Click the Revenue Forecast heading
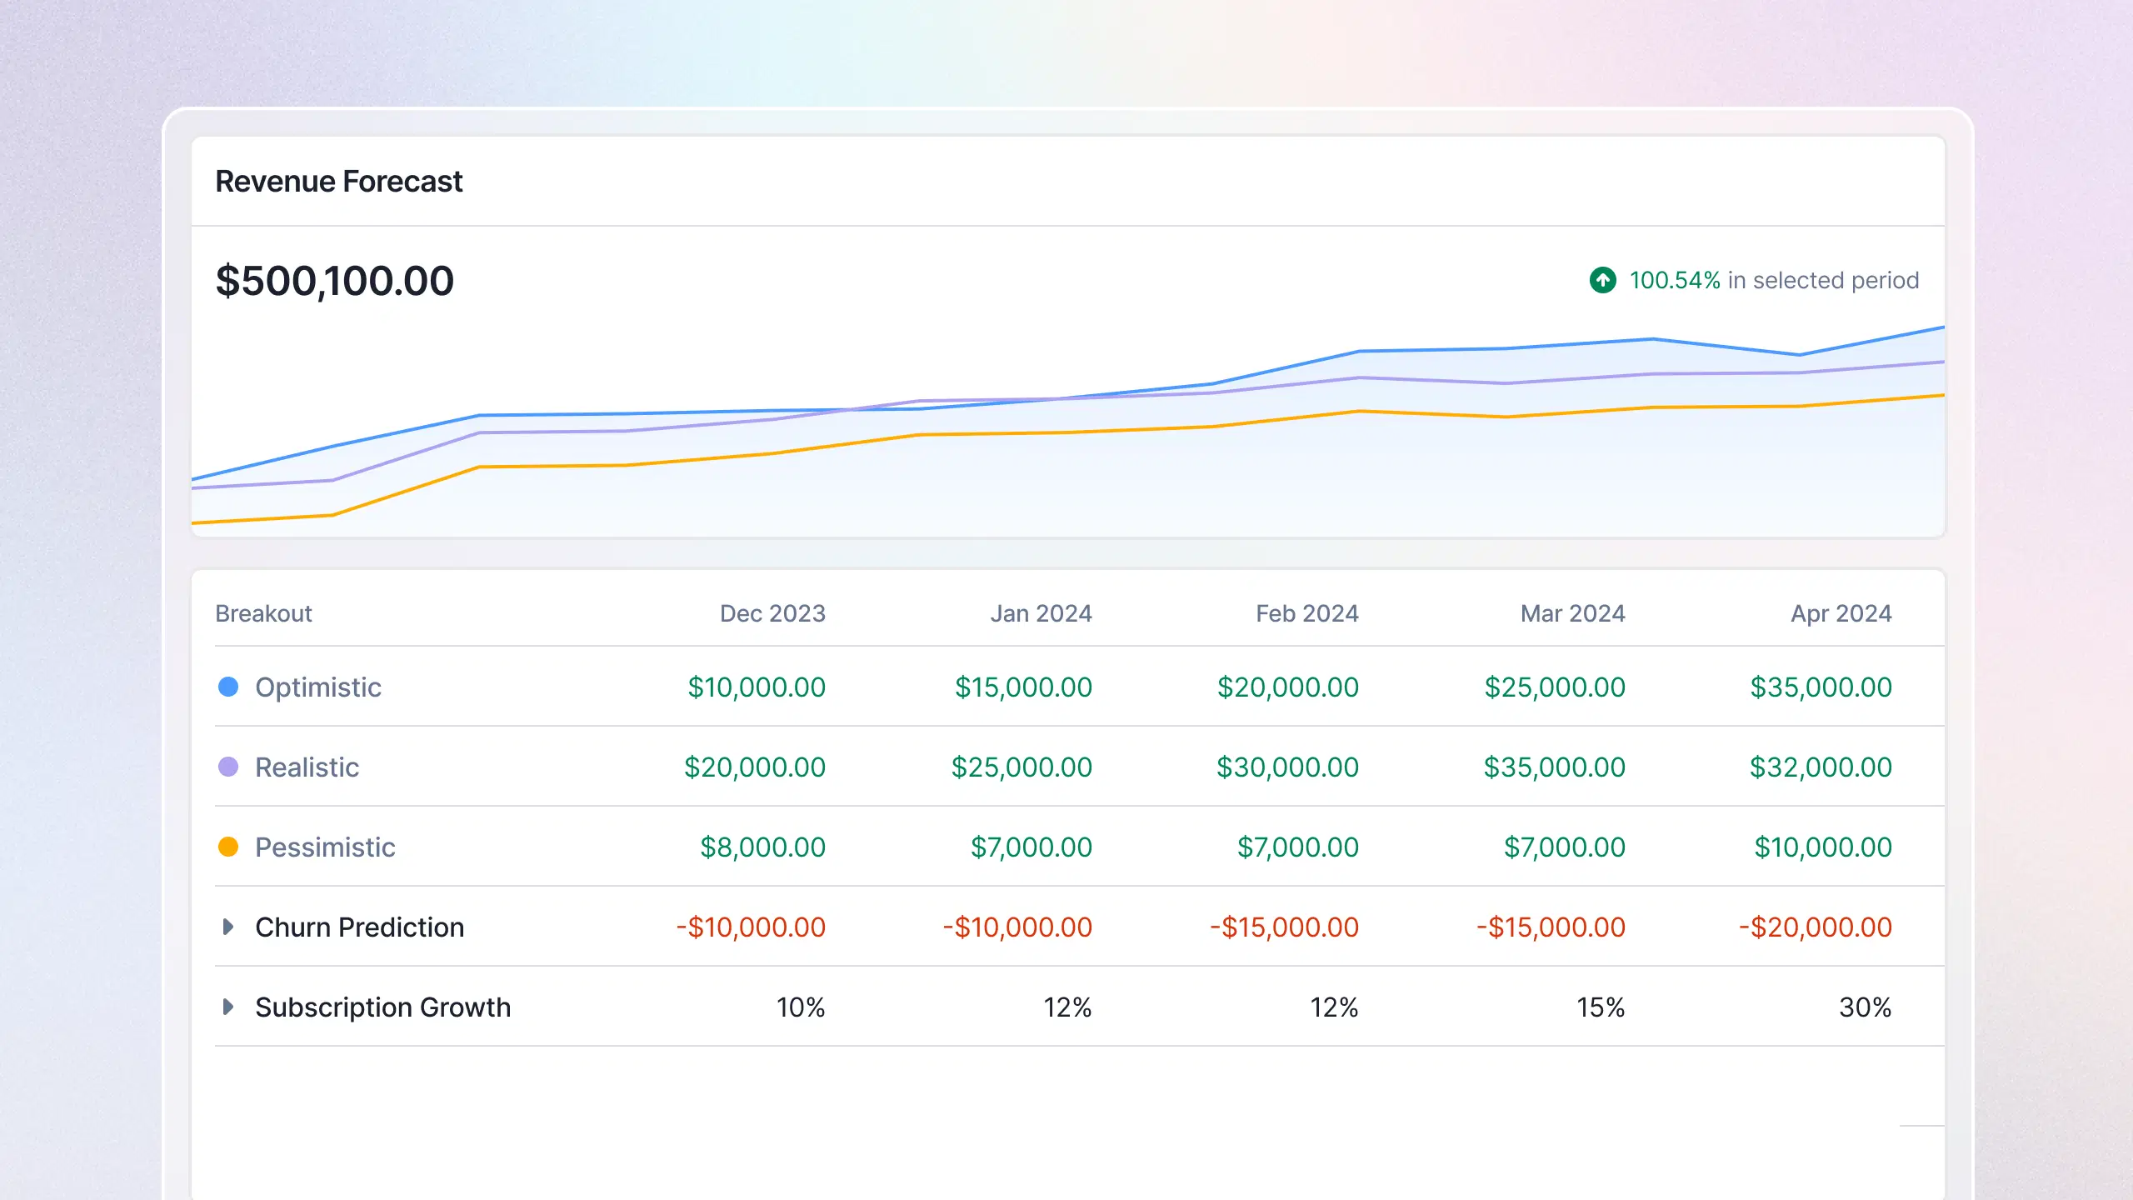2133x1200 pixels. pyautogui.click(x=338, y=181)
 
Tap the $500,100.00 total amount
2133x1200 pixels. pyautogui.click(x=334, y=281)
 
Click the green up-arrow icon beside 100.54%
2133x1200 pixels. pyautogui.click(x=1602, y=280)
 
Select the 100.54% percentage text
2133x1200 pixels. pyautogui.click(x=1675, y=280)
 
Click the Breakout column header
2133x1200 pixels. pyautogui.click(x=263, y=613)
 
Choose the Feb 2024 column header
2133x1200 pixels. pyautogui.click(x=1306, y=613)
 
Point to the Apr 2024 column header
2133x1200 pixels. pyautogui.click(x=1841, y=613)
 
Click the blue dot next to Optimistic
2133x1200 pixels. pyautogui.click(x=228, y=687)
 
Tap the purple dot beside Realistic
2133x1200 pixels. pyautogui.click(x=228, y=767)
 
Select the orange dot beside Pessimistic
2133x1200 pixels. pyautogui.click(x=228, y=847)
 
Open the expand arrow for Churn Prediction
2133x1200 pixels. pyautogui.click(x=228, y=927)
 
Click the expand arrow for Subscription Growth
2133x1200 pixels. pyautogui.click(x=228, y=1007)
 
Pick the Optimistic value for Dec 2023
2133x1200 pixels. pyautogui.click(x=756, y=687)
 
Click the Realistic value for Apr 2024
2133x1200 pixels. pyautogui.click(x=1820, y=767)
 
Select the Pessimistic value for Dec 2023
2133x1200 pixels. pyautogui.click(x=762, y=847)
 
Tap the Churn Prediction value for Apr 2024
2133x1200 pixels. pyautogui.click(x=1815, y=927)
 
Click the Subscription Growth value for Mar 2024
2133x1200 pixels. pyautogui.click(x=1600, y=1007)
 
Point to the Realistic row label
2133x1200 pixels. pyautogui.click(x=307, y=767)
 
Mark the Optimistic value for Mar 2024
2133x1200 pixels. pyautogui.click(x=1554, y=687)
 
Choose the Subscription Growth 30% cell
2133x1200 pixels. pyautogui.click(x=1865, y=1007)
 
